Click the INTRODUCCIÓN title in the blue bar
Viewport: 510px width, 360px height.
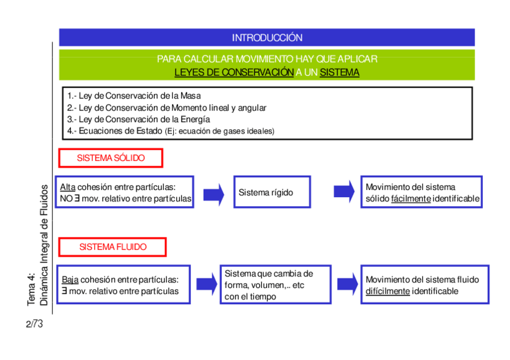(x=267, y=38)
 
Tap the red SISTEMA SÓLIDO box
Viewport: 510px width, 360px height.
(x=111, y=158)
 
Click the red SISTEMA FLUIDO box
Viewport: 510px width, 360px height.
(x=112, y=247)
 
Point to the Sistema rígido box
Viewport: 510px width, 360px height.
(x=272, y=192)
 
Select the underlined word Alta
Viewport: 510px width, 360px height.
(x=68, y=187)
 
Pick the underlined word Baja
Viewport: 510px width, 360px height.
(x=70, y=279)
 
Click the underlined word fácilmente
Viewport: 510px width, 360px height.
(x=411, y=198)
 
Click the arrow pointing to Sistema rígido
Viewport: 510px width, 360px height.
(x=214, y=194)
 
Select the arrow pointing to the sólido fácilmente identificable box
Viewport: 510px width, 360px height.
(x=344, y=192)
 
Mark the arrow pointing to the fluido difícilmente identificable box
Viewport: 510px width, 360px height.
(x=348, y=284)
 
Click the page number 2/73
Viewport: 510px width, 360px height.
(x=35, y=325)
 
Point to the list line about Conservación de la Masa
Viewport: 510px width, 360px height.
(x=134, y=96)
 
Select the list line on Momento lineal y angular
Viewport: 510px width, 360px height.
(x=167, y=108)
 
